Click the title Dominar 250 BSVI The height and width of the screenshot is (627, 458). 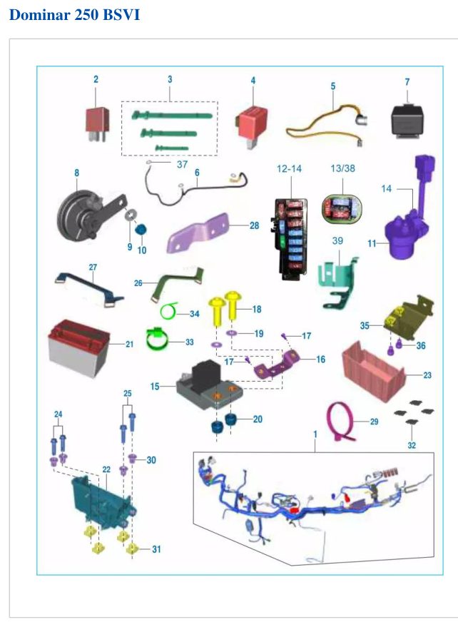point(74,15)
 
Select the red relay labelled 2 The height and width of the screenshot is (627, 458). point(97,123)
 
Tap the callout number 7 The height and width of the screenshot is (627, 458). point(407,82)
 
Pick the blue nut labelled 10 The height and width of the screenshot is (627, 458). point(141,230)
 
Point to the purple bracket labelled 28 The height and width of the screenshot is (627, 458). point(198,233)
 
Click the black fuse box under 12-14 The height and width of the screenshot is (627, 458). point(291,239)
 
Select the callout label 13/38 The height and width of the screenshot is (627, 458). point(343,168)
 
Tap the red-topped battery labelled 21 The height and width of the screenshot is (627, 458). point(78,347)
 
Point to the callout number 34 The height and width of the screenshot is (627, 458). point(194,314)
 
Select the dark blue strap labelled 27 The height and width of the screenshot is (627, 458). point(89,287)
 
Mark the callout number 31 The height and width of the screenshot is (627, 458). point(156,549)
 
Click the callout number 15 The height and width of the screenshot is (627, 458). point(155,387)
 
